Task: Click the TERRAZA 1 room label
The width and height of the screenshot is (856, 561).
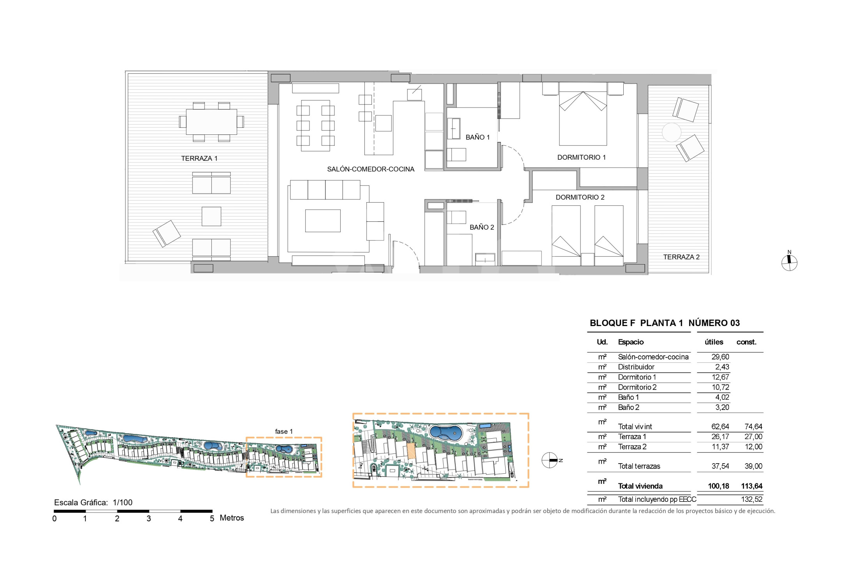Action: (199, 159)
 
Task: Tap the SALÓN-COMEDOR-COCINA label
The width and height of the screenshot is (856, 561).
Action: (370, 169)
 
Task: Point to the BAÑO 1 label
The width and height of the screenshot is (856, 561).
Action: (478, 137)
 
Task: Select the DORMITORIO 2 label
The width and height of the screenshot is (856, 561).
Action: (580, 197)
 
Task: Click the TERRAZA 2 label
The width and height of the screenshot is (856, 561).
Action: (681, 257)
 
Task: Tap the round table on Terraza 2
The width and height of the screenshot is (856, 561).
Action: (671, 132)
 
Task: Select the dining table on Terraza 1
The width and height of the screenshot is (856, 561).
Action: (211, 122)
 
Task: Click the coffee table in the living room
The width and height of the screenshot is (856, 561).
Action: (323, 221)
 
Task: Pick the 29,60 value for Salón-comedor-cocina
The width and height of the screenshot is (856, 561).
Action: (720, 357)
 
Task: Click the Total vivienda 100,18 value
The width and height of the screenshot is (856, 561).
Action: (718, 486)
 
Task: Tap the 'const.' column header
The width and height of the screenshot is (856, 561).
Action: (746, 342)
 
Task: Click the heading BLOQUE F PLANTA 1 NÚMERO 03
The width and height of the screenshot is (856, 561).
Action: (665, 323)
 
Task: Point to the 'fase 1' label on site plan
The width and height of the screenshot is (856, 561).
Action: (284, 431)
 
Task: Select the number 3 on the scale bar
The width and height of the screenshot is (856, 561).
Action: (149, 519)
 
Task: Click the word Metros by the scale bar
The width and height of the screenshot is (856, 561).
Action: (232, 518)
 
